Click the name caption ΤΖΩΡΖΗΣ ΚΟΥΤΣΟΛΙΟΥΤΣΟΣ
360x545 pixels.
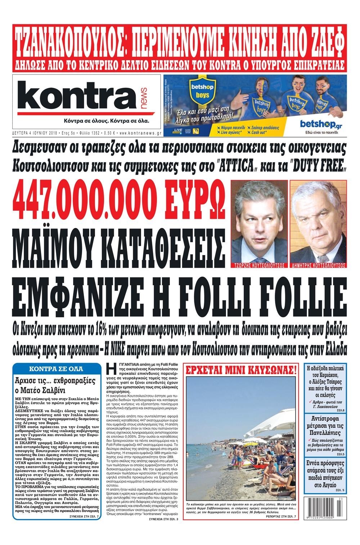(x=259, y=265)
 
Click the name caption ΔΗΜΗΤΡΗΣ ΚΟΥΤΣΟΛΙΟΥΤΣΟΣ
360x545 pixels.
(x=318, y=265)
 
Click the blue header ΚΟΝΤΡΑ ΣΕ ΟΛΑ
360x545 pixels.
(x=57, y=369)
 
